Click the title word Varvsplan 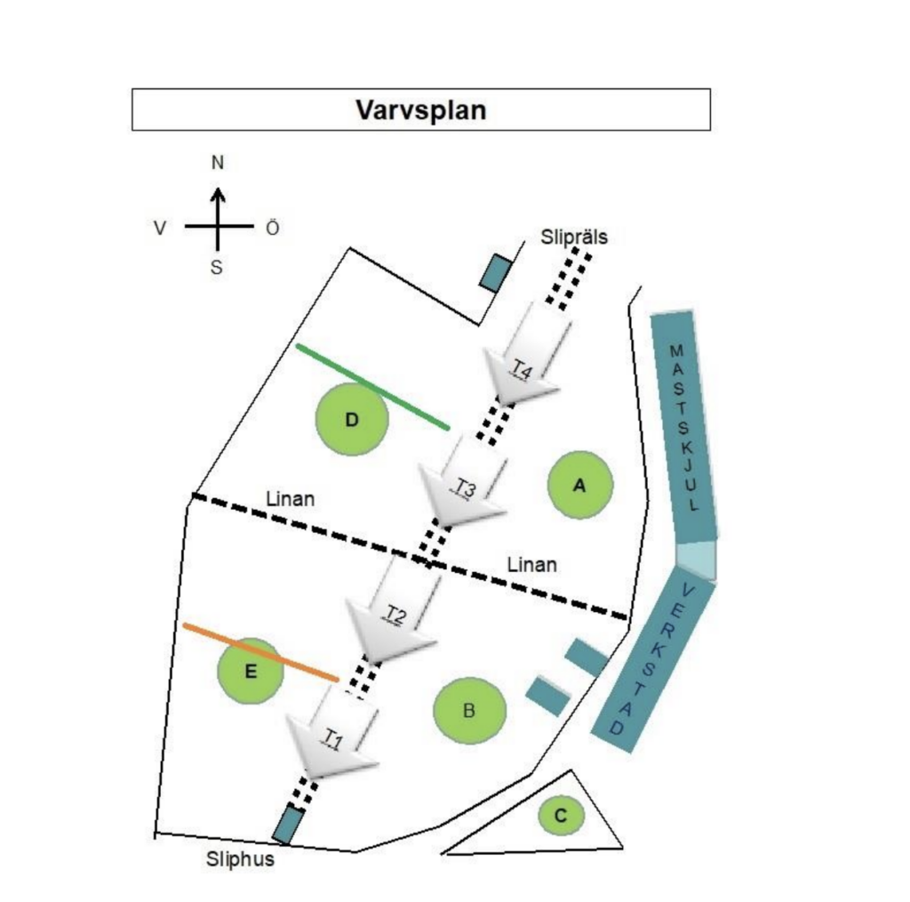click(x=420, y=110)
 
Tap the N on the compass click(x=218, y=163)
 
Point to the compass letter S click(x=217, y=266)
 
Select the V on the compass click(x=160, y=228)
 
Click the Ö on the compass click(x=272, y=228)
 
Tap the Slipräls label click(x=574, y=237)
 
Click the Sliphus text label click(x=240, y=860)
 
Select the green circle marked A click(x=580, y=485)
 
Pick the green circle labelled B click(x=469, y=711)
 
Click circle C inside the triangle click(x=561, y=816)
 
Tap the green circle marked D click(x=352, y=420)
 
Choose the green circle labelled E click(x=251, y=672)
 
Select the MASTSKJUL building click(x=682, y=427)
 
